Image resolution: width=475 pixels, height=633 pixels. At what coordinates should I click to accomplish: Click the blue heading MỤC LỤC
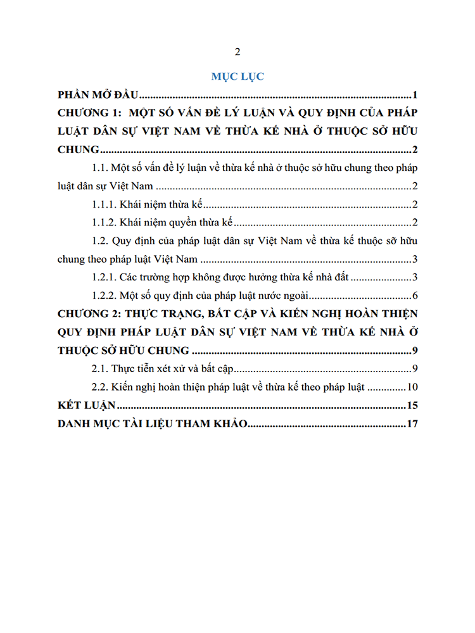[237, 77]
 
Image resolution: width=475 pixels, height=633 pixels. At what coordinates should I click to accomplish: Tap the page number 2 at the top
[237, 52]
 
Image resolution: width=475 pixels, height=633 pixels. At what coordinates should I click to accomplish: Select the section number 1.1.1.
[105, 204]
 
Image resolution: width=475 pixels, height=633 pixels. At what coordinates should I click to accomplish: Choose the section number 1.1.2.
[105, 222]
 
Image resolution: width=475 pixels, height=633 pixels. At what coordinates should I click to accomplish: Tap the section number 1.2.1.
[105, 277]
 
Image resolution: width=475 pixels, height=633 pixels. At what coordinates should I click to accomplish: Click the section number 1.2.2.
[105, 296]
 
